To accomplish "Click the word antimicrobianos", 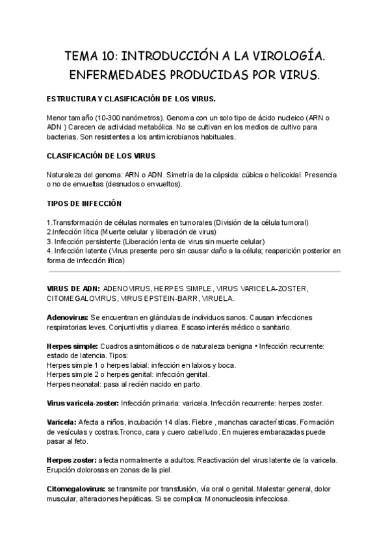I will click(x=174, y=137).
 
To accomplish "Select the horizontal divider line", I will click(x=194, y=272).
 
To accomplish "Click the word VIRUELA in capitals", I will click(x=217, y=298).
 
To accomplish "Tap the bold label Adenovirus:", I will click(x=68, y=317).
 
